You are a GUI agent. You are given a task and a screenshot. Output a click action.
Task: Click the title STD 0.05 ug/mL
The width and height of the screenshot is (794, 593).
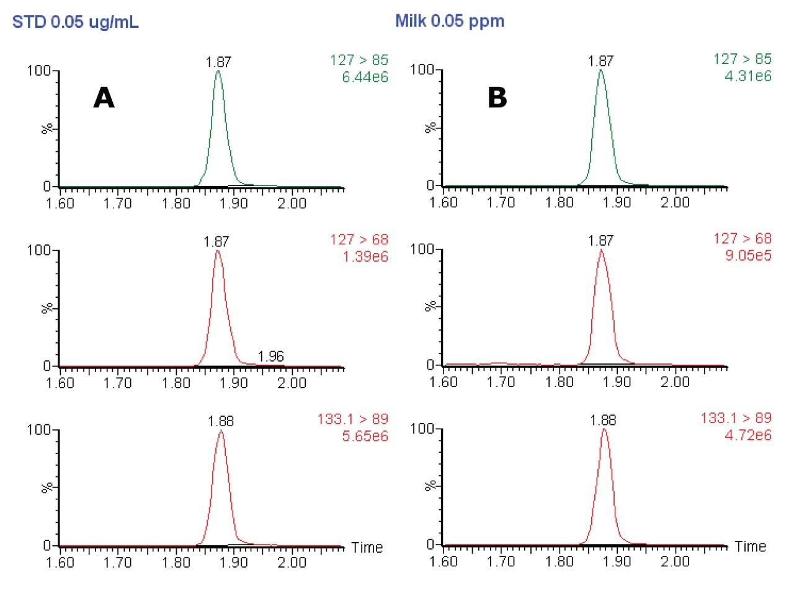(x=75, y=22)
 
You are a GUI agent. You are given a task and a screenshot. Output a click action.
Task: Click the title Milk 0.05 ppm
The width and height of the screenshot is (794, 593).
(x=449, y=21)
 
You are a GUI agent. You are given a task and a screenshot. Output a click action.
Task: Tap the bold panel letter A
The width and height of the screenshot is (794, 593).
(x=104, y=97)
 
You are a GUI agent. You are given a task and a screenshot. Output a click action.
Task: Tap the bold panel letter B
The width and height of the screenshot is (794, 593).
(x=497, y=97)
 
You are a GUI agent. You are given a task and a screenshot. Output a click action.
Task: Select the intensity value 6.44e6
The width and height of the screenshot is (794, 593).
(x=365, y=77)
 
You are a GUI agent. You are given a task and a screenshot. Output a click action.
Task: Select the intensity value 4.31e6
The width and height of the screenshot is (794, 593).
(x=748, y=76)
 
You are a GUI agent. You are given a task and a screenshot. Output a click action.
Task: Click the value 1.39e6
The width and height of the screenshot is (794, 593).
(x=365, y=256)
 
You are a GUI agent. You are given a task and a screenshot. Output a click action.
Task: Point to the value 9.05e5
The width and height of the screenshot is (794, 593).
(x=748, y=255)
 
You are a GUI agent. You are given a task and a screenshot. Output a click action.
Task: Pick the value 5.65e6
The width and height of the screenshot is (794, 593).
(x=365, y=436)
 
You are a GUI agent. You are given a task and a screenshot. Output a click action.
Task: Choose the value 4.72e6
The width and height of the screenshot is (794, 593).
(x=748, y=435)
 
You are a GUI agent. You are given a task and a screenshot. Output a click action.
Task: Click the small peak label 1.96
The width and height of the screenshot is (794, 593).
(x=270, y=356)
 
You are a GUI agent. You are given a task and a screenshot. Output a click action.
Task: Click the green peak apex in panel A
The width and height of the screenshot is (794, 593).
(x=218, y=71)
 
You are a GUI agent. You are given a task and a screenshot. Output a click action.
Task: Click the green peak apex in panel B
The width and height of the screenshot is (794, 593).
(x=600, y=70)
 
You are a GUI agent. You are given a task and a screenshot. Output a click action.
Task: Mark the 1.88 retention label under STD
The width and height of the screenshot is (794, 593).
(x=220, y=421)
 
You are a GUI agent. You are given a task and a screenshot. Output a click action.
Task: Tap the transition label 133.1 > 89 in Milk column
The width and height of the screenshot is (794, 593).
(x=736, y=418)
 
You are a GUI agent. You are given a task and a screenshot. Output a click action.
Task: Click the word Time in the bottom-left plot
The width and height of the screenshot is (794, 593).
(x=367, y=547)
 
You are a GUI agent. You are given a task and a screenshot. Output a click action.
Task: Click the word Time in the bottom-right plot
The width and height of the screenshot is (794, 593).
(x=750, y=546)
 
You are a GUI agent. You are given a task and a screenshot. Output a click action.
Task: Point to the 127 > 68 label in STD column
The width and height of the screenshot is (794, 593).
(x=359, y=239)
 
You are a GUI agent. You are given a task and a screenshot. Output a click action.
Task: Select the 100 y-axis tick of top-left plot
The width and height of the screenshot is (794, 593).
(x=38, y=71)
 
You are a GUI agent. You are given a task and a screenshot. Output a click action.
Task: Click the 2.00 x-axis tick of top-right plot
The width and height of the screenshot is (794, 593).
(x=674, y=202)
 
